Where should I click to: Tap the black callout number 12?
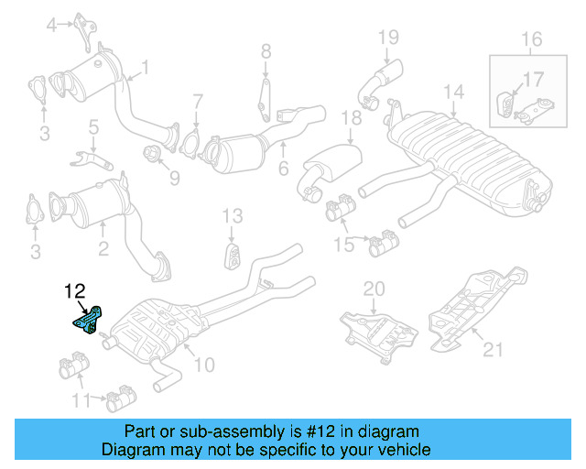[74, 292]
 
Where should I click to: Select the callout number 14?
[452, 92]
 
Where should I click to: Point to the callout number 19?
[388, 38]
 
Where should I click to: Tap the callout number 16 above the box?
[532, 38]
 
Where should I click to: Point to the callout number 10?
[203, 365]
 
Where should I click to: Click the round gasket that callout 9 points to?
[153, 151]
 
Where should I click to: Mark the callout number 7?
[197, 101]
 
